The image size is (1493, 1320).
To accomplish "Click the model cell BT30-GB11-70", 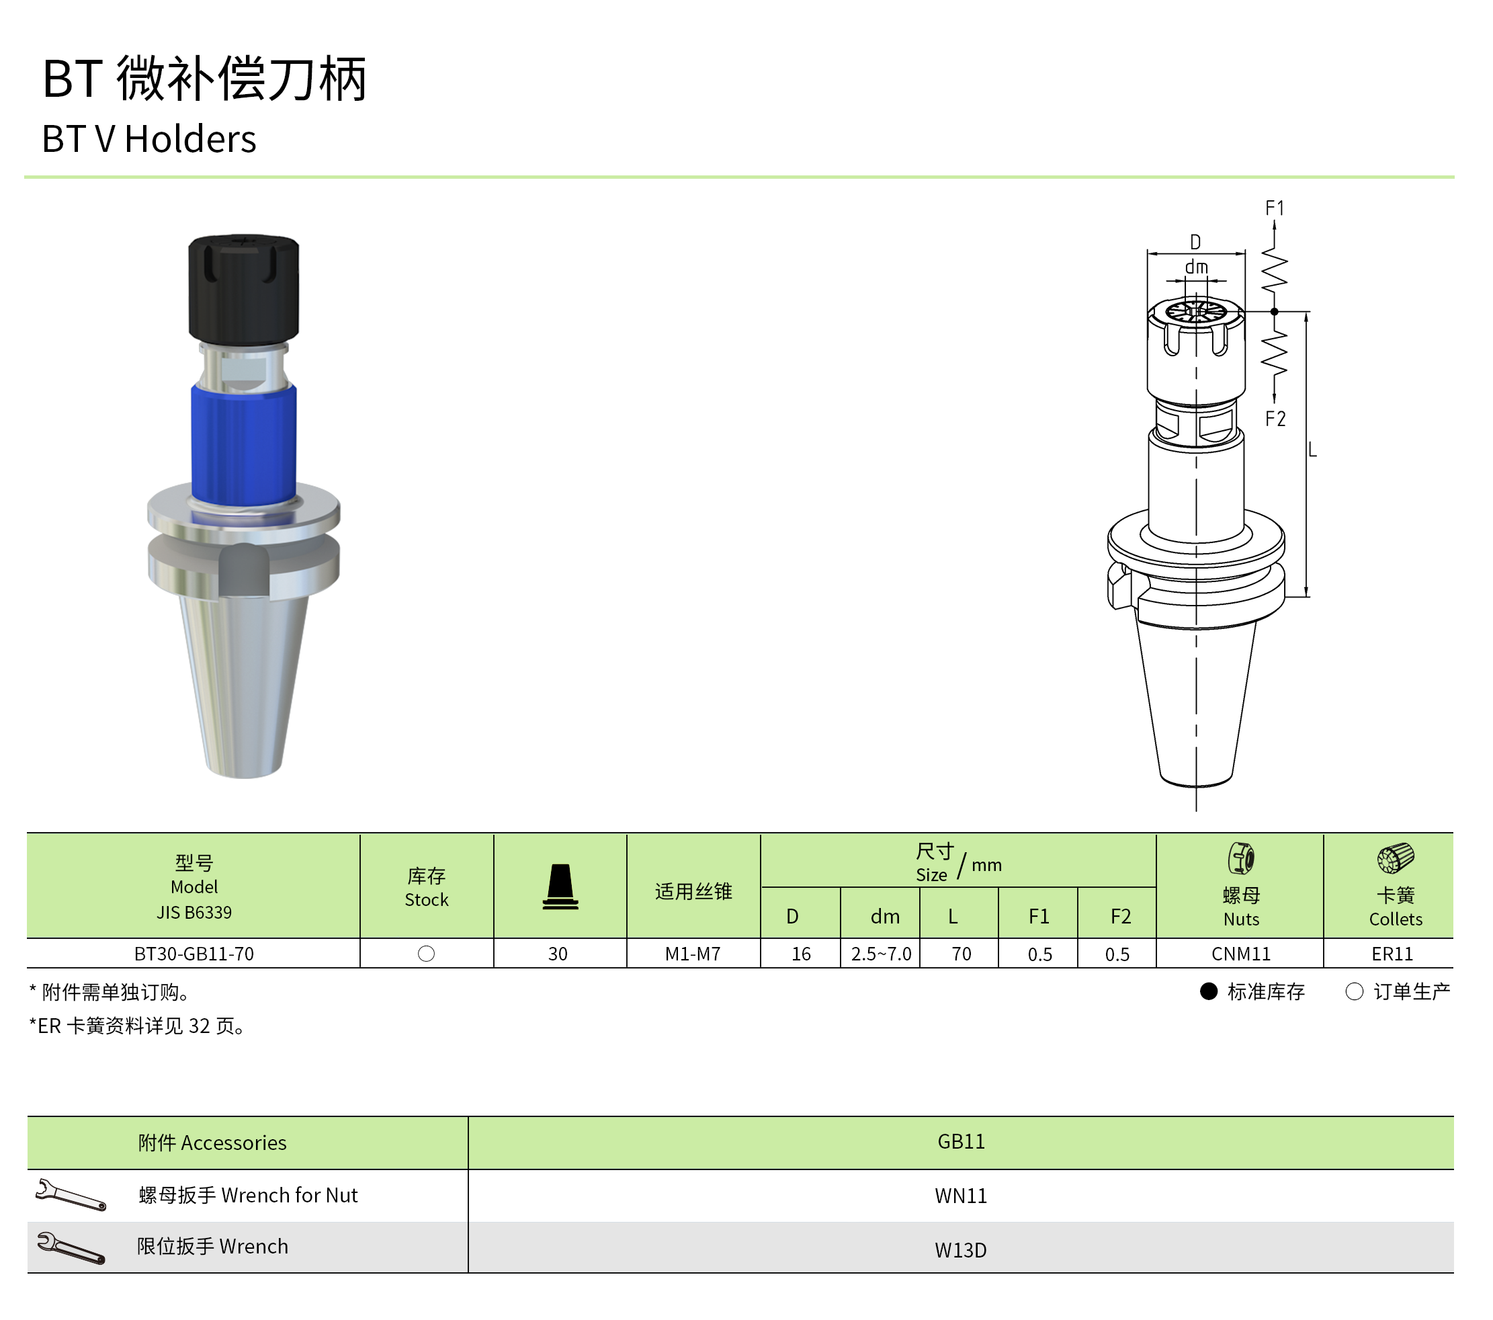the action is coord(194,953).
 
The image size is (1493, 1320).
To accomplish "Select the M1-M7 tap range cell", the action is coord(693,953).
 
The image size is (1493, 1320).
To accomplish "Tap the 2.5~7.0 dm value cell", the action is coord(881,953).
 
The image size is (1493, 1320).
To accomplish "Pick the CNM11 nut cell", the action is coord(1241,953).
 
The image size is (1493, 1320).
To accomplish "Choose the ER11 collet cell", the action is coord(1392,953).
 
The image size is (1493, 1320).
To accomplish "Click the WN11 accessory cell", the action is coord(961,1196).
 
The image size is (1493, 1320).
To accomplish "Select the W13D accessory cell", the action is coord(961,1250).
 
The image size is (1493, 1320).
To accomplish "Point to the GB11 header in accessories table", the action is coord(961,1141).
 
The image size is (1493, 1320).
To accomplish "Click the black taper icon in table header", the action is coord(560,886).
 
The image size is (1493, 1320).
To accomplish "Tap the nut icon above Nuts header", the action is coord(1241,858).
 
